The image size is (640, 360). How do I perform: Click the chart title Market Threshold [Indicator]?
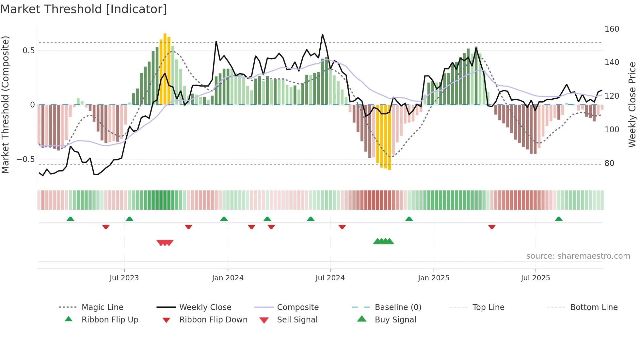point(84,9)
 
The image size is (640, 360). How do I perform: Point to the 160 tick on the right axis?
point(612,29)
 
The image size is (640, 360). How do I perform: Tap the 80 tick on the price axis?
point(609,163)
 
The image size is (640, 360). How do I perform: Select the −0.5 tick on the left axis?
point(26,159)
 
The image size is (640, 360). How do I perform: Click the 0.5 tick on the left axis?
point(28,51)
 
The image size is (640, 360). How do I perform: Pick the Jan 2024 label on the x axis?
point(228,278)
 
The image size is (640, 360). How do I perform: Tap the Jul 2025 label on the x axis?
point(535,278)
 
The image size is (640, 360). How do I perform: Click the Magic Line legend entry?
point(102,307)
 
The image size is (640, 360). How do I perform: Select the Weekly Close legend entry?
point(205,307)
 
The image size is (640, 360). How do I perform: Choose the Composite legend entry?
point(297,307)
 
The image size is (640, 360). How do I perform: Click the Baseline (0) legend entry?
point(398,307)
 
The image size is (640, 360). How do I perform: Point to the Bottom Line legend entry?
point(594,307)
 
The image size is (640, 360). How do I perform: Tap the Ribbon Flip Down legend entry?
point(213,320)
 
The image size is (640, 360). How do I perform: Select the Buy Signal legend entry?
point(395,320)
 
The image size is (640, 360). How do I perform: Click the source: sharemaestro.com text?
point(578,256)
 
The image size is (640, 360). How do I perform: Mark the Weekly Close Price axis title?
point(632,105)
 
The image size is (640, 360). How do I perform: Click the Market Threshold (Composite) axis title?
point(5,105)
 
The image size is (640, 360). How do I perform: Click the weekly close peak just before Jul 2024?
point(322,34)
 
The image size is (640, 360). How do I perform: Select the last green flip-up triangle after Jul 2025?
point(559,219)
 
